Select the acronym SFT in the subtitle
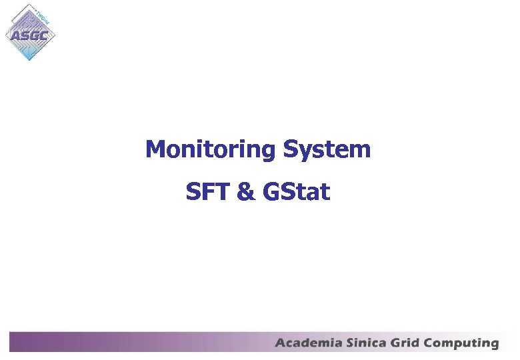click(208, 192)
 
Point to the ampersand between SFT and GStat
click(246, 192)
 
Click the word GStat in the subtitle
click(297, 192)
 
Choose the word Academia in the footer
click(309, 343)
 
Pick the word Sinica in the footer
click(365, 343)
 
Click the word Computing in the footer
click(462, 344)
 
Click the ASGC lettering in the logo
click(29, 35)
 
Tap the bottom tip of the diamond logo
click(29, 61)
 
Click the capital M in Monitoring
click(155, 149)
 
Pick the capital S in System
click(290, 149)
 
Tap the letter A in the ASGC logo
click(14, 35)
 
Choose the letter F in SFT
click(208, 192)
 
